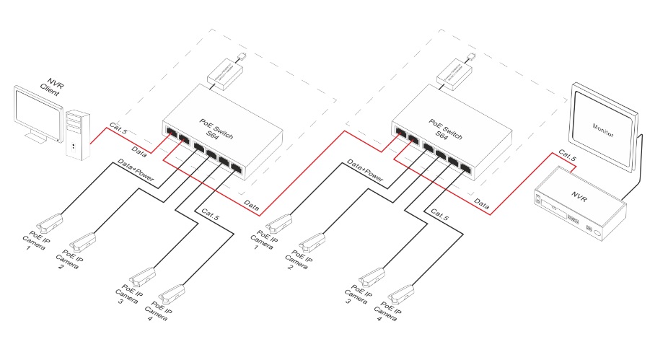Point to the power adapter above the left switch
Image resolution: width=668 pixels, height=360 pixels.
tap(225, 71)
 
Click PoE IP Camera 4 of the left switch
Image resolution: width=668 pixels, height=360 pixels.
tap(171, 294)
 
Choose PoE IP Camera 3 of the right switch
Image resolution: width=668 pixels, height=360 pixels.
tap(372, 276)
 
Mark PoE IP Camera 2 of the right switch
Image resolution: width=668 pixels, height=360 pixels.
tap(312, 241)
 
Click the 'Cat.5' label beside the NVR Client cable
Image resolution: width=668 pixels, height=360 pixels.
tap(116, 128)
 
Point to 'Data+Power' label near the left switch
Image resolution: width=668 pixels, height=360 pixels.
tap(136, 171)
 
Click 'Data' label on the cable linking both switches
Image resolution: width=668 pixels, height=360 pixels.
tap(251, 206)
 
